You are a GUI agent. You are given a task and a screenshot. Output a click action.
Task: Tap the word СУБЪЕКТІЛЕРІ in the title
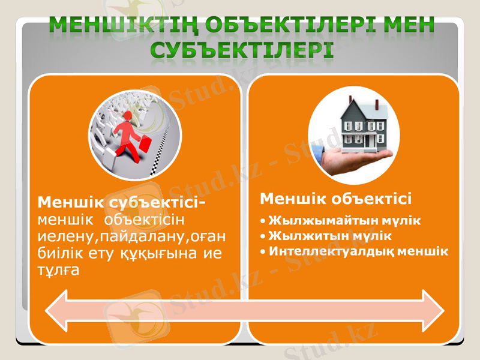pyautogui.click(x=242, y=50)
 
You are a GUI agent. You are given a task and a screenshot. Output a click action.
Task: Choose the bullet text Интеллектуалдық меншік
pyautogui.click(x=358, y=251)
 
